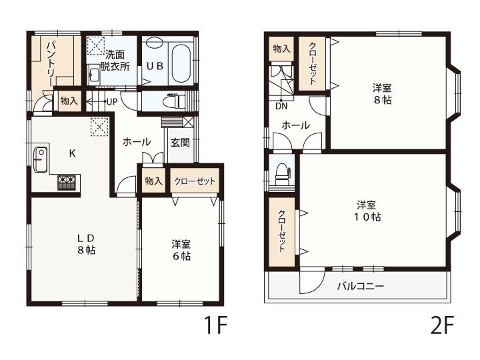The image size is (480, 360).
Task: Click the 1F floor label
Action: point(216,325)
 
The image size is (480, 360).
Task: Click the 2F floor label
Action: point(442,325)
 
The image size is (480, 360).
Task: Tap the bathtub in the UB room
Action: point(181,63)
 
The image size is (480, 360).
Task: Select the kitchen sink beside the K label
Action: point(40,159)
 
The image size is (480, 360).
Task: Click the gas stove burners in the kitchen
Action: point(66,182)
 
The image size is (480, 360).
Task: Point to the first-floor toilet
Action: point(174,101)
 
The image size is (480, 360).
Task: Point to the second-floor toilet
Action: point(282,173)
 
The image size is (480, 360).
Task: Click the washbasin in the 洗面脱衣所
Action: point(94,75)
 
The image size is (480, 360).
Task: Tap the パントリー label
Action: point(51,63)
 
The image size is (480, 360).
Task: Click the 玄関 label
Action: point(180,143)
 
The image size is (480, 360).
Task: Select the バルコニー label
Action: point(360,286)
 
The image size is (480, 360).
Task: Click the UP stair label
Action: point(112,101)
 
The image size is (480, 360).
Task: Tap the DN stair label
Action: point(281,107)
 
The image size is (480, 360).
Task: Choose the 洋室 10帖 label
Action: point(367,211)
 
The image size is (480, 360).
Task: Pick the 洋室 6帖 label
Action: point(181,250)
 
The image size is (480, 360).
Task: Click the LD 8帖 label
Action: point(86,244)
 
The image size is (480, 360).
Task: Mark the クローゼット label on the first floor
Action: point(195,181)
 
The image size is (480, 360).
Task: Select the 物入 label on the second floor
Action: point(281,49)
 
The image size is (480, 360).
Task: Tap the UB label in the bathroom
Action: point(155,65)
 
